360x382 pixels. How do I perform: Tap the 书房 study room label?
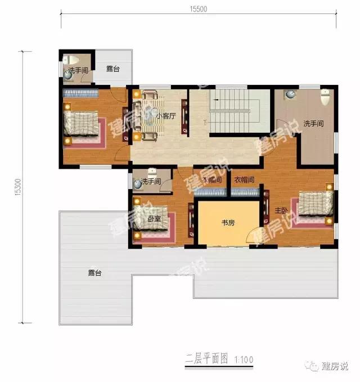point(227,223)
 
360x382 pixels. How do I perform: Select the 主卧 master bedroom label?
point(281,210)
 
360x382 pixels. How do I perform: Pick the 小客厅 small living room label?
point(166,116)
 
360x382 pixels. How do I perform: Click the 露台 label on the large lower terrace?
point(94,273)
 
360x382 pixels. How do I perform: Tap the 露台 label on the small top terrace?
point(113,69)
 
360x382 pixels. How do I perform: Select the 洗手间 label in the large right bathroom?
point(313,123)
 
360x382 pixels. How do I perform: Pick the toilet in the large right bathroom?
point(325,96)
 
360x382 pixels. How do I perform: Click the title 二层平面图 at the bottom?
point(204,358)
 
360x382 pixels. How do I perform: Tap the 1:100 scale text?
point(243,358)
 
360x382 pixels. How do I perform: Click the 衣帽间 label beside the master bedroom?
point(245,180)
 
